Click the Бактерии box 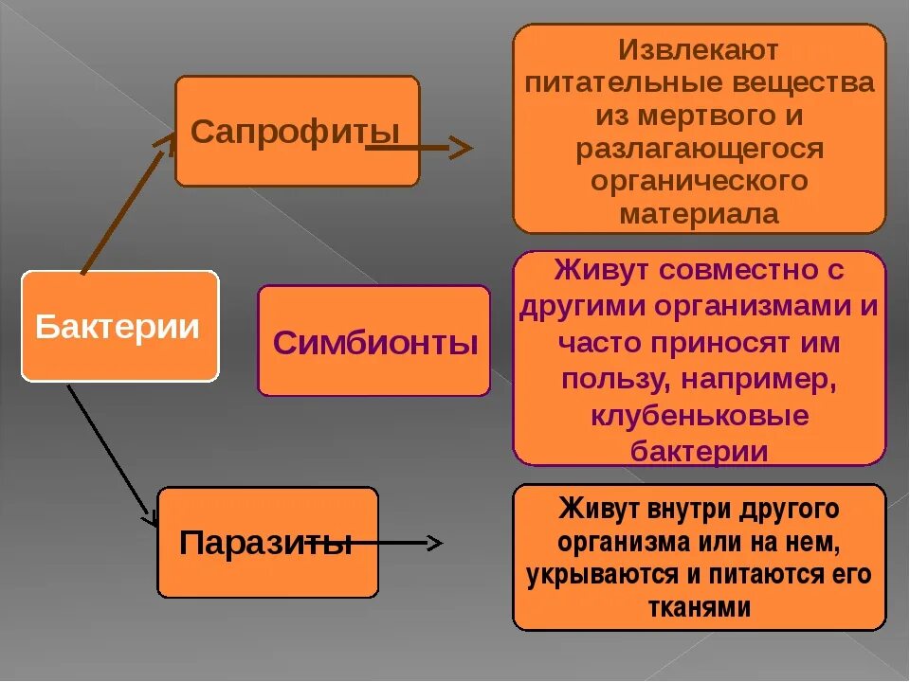tap(119, 327)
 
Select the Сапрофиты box tap(297, 131)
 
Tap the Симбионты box tap(374, 341)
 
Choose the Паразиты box tap(266, 543)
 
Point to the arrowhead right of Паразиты tap(434, 543)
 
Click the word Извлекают tap(699, 49)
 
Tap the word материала tap(699, 213)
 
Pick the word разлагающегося tap(699, 149)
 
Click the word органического tap(699, 181)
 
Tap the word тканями tap(699, 607)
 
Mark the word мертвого tap(682, 116)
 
